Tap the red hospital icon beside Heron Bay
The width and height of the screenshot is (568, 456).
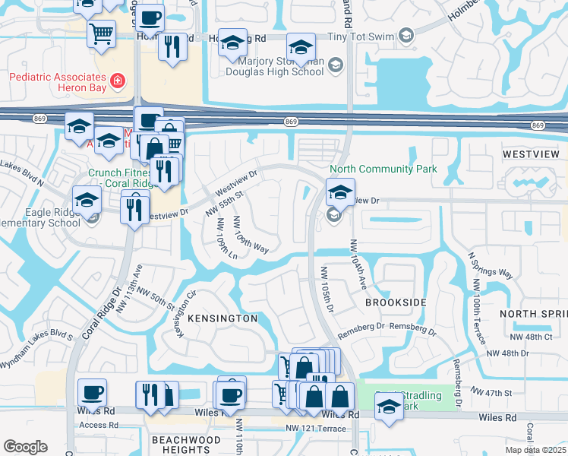coord(118,79)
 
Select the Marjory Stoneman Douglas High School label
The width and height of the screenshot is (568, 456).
coord(285,67)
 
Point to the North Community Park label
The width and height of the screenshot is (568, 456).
coord(383,169)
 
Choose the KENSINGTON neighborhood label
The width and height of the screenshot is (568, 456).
coord(222,318)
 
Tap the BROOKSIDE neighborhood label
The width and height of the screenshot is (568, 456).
coord(396,302)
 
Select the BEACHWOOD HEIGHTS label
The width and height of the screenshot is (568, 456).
coord(180,445)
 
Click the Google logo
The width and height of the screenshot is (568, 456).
coord(25,447)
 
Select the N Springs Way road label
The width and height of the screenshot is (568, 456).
coord(491,271)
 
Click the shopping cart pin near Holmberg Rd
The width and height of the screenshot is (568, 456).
coord(101,33)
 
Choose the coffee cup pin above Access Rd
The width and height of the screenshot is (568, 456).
coord(92,392)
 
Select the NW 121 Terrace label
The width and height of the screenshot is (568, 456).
coord(313,429)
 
